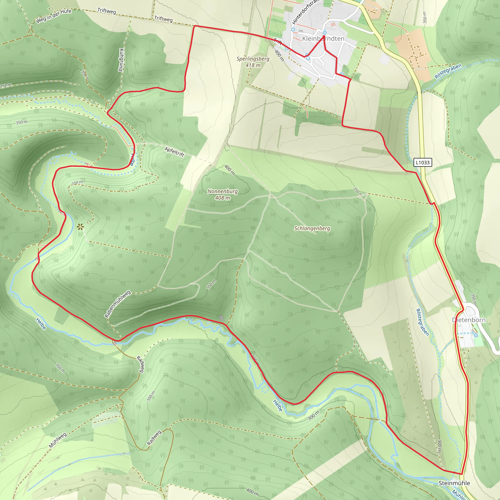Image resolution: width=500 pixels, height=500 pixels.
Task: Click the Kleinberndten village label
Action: (323, 39)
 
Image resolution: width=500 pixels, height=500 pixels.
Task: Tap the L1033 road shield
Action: (423, 163)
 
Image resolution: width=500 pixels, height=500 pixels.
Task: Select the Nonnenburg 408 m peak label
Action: (223, 194)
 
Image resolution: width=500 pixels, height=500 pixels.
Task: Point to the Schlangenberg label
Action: (312, 228)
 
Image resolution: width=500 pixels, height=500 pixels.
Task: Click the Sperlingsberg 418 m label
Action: (253, 62)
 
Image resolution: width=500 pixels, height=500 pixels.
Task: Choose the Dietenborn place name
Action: (469, 320)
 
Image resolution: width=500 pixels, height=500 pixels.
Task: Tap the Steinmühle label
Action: (454, 483)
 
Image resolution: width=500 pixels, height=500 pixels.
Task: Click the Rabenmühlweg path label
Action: (117, 304)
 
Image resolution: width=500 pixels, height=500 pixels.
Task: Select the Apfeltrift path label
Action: (174, 152)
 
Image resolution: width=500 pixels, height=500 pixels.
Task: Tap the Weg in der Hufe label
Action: (53, 16)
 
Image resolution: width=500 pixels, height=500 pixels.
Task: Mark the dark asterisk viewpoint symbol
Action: (80, 227)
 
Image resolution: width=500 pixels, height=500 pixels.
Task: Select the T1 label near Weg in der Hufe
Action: (51, 10)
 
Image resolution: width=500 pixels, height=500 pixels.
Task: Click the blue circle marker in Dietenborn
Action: (476, 335)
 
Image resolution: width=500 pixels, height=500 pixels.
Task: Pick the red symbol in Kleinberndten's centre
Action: (333, 25)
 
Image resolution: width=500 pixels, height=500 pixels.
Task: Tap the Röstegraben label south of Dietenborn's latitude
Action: (422, 322)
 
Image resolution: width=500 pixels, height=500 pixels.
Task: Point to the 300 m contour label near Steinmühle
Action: (439, 446)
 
